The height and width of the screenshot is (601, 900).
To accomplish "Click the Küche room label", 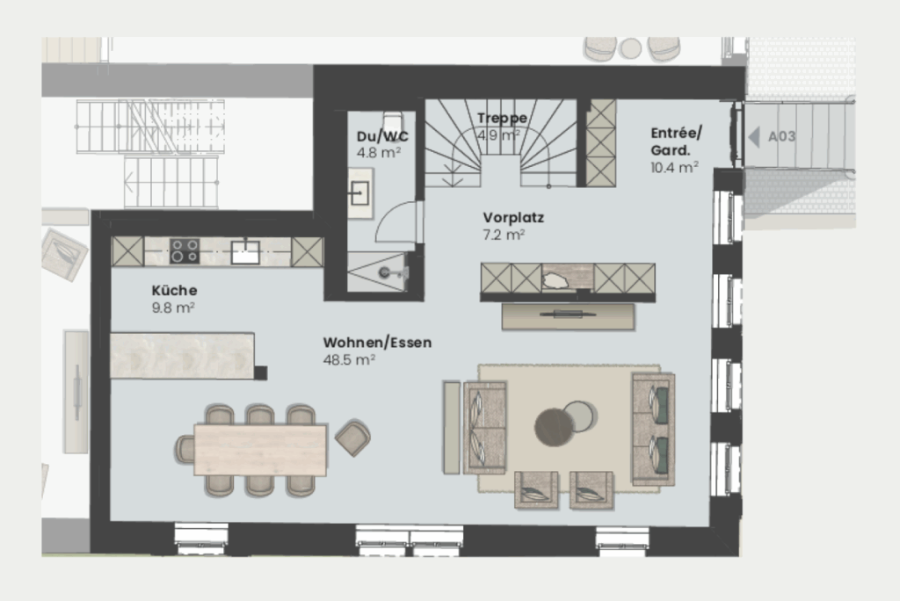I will pyautogui.click(x=174, y=290).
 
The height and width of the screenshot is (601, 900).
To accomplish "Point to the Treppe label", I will pyautogui.click(x=502, y=118).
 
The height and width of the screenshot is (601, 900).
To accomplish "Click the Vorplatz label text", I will pyautogui.click(x=512, y=217).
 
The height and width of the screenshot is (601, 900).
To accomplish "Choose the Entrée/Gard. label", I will pyautogui.click(x=676, y=141).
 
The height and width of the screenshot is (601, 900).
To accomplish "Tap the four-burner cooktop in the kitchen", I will pyautogui.click(x=184, y=251).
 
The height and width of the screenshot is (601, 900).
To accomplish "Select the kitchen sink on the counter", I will pyautogui.click(x=244, y=252).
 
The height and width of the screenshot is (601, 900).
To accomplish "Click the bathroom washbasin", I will pyautogui.click(x=359, y=194).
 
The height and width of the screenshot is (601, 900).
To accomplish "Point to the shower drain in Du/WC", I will pyautogui.click(x=385, y=273).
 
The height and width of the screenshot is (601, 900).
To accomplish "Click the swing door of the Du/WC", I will pyautogui.click(x=395, y=222).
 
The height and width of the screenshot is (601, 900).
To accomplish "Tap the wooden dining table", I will pyautogui.click(x=260, y=450).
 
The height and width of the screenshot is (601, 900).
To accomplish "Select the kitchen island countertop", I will pyautogui.click(x=182, y=356).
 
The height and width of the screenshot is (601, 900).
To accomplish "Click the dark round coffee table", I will pyautogui.click(x=554, y=427).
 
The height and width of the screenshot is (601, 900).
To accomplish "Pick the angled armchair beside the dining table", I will pyautogui.click(x=352, y=437).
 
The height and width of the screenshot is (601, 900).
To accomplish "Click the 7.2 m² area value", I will pyautogui.click(x=504, y=235).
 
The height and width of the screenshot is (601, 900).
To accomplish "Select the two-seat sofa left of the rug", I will pyautogui.click(x=484, y=427).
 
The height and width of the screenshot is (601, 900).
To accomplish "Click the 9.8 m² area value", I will pyautogui.click(x=172, y=308).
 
